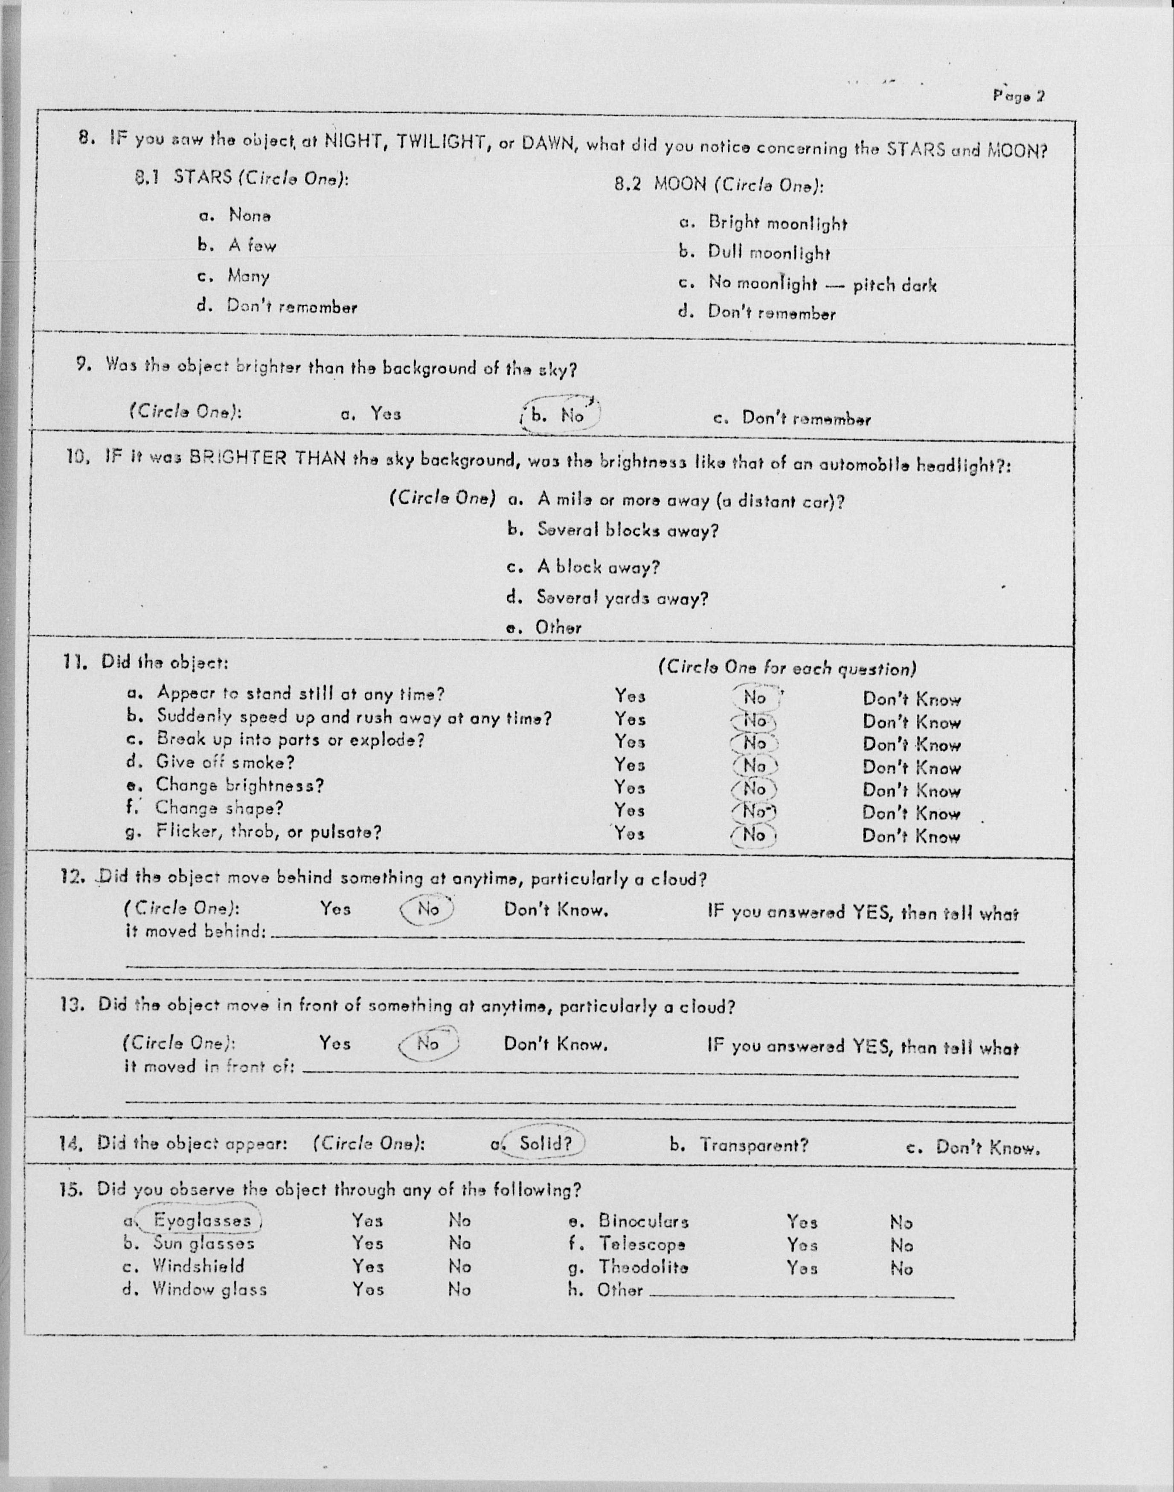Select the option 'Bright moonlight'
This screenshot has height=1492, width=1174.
777,223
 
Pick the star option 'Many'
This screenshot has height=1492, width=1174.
248,276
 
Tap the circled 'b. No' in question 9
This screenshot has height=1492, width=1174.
560,415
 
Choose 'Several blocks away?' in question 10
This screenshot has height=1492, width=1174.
627,530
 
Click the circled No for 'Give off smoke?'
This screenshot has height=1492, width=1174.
754,765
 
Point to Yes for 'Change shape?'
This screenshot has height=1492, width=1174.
630,810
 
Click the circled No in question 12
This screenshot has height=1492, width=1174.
427,910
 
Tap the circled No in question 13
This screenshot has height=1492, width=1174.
427,1044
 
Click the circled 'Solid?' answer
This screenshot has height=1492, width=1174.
544,1144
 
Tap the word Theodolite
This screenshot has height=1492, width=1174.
643,1266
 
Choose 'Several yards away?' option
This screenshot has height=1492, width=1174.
622,598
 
